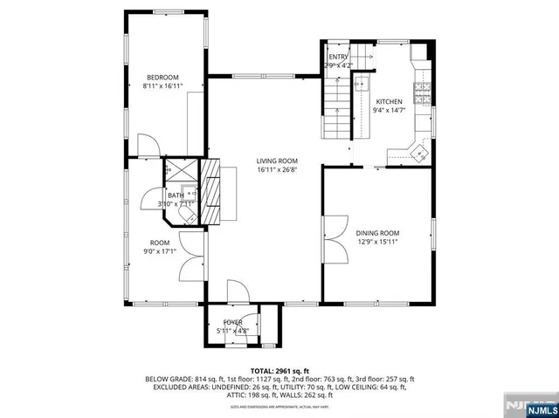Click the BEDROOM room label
tap(162, 77)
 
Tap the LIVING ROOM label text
tap(277, 161)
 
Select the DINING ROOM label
tap(377, 233)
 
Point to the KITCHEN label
tap(389, 101)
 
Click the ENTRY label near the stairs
tap(338, 57)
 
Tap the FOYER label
tap(232, 323)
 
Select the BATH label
tap(176, 195)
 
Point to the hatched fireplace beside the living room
tap(212, 192)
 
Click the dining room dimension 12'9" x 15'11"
tap(377, 243)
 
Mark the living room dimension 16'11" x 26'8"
tap(277, 170)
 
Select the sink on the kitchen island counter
tap(360, 86)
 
